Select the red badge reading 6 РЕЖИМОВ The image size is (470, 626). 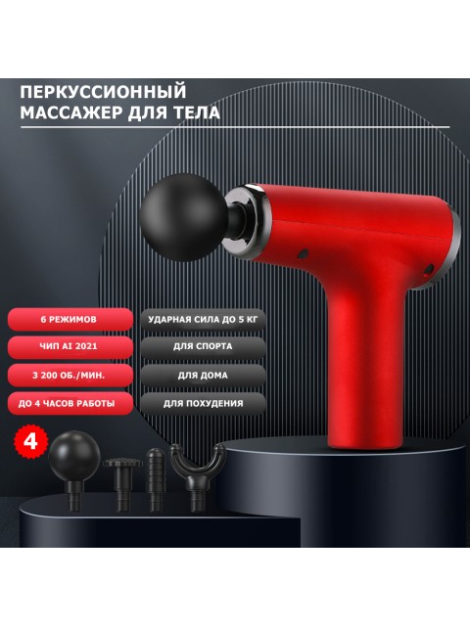(x=69, y=319)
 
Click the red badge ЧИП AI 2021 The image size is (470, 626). (x=69, y=346)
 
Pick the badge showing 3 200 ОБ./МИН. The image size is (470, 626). (x=69, y=374)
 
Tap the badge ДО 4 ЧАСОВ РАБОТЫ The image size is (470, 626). (x=69, y=402)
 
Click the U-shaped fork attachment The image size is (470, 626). (x=197, y=469)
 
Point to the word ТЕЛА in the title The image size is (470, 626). (x=194, y=113)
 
